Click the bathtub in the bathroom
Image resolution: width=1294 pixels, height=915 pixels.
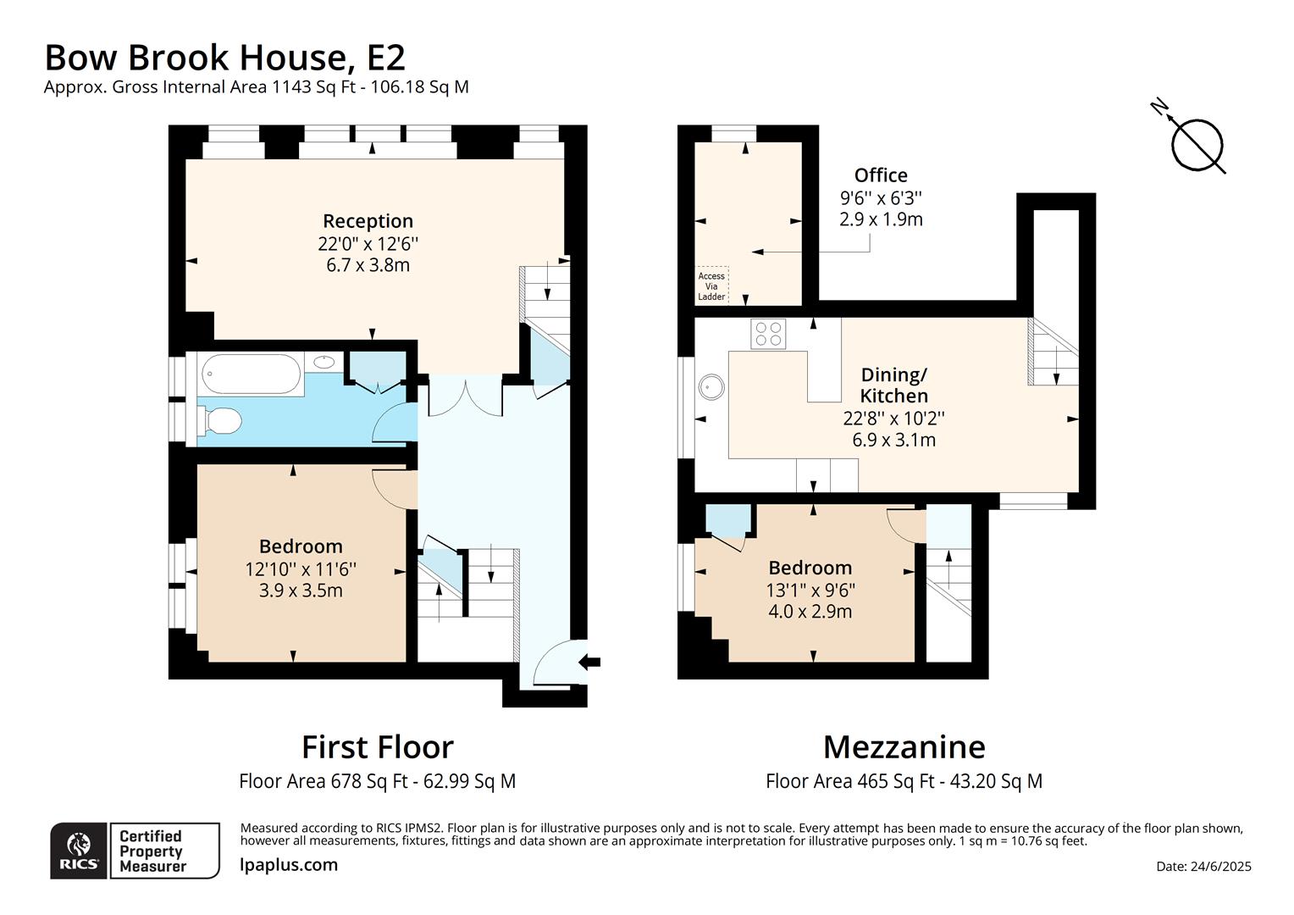251,374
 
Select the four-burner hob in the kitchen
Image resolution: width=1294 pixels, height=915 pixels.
768,334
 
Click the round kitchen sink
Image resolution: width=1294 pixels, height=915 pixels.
711,387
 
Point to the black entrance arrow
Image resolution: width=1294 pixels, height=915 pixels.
590,662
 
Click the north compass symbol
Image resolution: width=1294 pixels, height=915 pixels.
1195,142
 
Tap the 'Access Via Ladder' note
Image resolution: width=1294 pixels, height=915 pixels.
711,286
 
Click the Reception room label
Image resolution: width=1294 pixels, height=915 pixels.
368,221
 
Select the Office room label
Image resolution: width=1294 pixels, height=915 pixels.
881,175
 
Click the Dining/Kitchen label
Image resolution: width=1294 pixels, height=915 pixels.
894,385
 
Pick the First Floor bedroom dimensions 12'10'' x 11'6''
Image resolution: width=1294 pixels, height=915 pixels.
301,568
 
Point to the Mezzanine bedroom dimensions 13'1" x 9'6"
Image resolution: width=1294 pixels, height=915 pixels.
810,590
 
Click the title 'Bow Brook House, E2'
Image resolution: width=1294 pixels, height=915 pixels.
224,58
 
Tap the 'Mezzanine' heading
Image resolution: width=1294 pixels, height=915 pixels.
904,746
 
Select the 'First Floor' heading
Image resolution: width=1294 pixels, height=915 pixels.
377,746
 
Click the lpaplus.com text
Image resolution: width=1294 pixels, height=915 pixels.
289,865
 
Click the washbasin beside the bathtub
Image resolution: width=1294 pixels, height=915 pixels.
323,363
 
